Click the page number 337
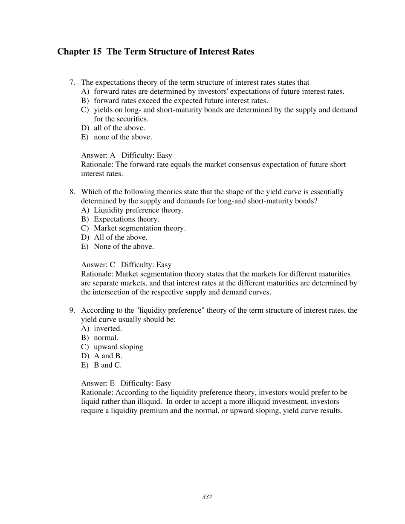tap(207, 497)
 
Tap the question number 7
tap(72, 83)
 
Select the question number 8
tap(72, 192)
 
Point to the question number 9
tap(72, 311)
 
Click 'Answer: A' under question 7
tap(98, 155)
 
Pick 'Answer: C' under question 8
tap(98, 265)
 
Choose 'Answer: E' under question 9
tap(98, 383)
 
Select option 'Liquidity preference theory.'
tap(139, 210)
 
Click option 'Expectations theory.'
tap(127, 219)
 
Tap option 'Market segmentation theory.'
tap(140, 228)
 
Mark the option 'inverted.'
tap(108, 329)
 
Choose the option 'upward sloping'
tap(119, 347)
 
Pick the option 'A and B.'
tap(108, 356)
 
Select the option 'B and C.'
tap(107, 365)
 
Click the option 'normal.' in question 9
tap(106, 338)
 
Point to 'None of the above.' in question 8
tap(124, 247)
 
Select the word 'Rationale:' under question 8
tap(97, 274)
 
